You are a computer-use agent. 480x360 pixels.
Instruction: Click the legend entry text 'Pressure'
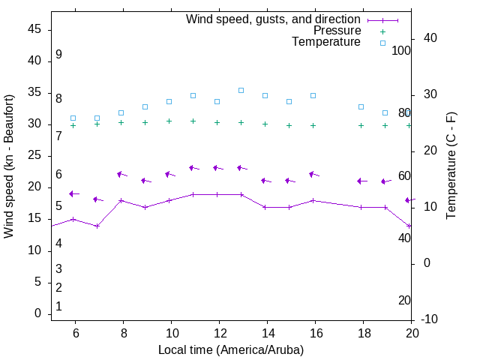(x=337, y=31)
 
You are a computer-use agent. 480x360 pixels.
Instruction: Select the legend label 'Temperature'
(x=326, y=42)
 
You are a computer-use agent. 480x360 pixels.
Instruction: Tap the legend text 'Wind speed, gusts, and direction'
(x=273, y=19)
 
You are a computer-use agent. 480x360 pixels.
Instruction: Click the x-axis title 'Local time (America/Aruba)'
(x=231, y=349)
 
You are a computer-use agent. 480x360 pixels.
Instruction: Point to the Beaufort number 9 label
(x=58, y=55)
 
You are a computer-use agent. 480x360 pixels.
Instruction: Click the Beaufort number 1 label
(x=58, y=307)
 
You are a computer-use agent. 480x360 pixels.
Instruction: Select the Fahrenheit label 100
(x=401, y=50)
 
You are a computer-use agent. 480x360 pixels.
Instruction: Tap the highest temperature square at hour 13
(x=241, y=90)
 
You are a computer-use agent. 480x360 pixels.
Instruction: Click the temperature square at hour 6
(x=73, y=118)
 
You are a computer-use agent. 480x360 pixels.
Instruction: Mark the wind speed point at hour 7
(x=97, y=226)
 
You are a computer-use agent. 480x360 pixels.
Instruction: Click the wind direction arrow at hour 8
(x=121, y=175)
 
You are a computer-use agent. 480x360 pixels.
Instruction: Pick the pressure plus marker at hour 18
(x=361, y=125)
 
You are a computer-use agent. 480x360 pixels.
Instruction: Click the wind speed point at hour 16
(x=313, y=200)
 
